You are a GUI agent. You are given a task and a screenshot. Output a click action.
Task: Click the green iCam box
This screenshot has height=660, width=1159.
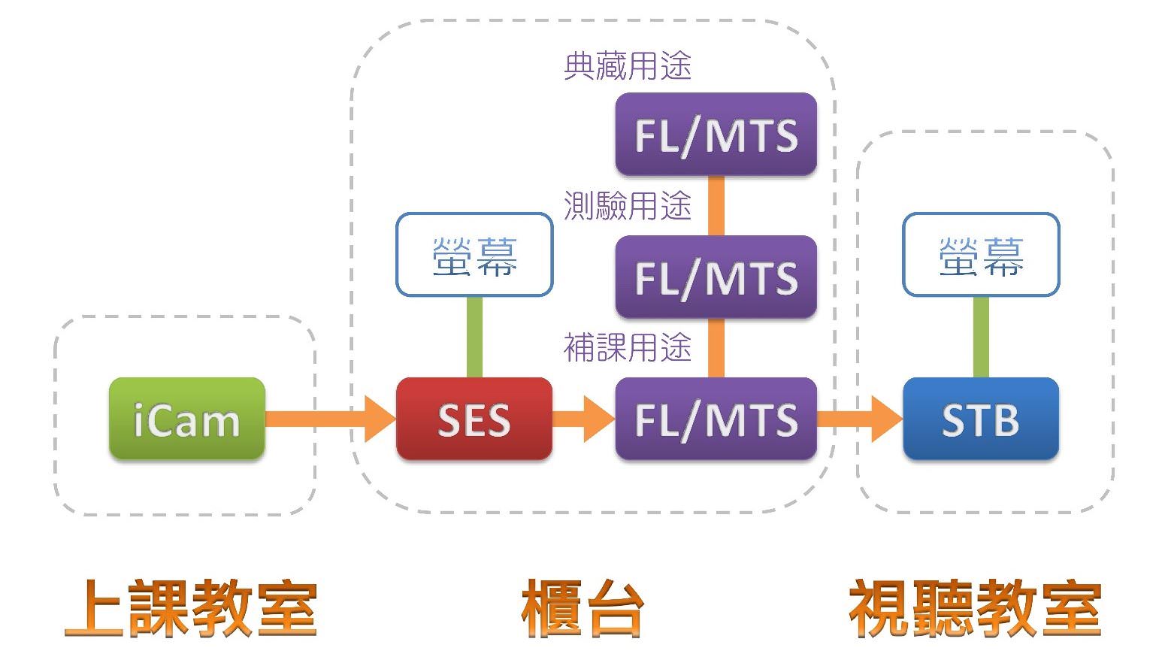pyautogui.click(x=186, y=419)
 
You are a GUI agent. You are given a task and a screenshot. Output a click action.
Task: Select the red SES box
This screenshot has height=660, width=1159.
pyautogui.click(x=474, y=419)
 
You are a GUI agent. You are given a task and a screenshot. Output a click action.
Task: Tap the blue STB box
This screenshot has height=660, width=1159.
pyautogui.click(x=980, y=419)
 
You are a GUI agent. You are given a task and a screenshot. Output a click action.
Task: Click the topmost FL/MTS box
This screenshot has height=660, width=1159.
pyautogui.click(x=716, y=135)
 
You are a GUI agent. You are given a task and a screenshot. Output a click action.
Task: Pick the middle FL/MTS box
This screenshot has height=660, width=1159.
pyautogui.click(x=716, y=277)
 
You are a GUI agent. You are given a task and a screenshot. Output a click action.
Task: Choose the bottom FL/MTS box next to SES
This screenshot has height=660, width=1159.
pyautogui.click(x=716, y=419)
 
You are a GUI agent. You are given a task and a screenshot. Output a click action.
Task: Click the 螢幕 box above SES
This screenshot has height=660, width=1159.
pyautogui.click(x=474, y=255)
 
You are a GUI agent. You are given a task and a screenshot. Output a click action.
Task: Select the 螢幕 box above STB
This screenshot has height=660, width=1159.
pyautogui.click(x=980, y=255)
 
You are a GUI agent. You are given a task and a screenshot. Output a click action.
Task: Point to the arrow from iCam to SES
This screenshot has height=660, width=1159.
pyautogui.click(x=331, y=419)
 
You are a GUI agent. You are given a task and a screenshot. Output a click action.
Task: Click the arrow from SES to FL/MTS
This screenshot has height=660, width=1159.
pyautogui.click(x=583, y=419)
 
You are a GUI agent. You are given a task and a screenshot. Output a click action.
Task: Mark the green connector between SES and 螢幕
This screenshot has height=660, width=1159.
pyautogui.click(x=474, y=337)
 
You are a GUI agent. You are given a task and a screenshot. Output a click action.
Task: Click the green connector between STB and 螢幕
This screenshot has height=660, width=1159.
pyautogui.click(x=980, y=337)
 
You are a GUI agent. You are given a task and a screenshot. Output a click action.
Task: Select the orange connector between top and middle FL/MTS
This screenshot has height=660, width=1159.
pyautogui.click(x=716, y=205)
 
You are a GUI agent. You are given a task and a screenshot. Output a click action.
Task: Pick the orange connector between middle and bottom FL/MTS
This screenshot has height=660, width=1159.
pyautogui.click(x=716, y=347)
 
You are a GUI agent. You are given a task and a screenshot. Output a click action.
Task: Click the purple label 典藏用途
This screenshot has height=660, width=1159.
pyautogui.click(x=627, y=66)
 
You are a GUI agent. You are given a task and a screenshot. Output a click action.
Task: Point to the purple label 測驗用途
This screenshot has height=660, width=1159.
pyautogui.click(x=627, y=206)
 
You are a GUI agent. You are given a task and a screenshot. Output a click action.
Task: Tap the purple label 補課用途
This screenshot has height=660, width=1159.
pyautogui.click(x=627, y=347)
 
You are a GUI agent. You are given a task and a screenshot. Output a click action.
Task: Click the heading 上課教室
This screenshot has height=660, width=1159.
pyautogui.click(x=191, y=608)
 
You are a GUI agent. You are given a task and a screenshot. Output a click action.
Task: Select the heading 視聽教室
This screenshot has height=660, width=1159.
pyautogui.click(x=975, y=608)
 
